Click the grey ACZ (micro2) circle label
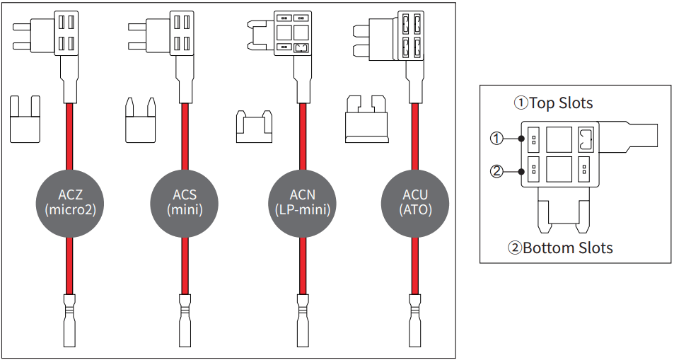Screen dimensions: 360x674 (69, 202)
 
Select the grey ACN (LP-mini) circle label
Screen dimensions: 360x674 (303, 202)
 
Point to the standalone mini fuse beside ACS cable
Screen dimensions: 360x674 (140, 120)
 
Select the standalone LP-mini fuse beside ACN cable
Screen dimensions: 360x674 (254, 127)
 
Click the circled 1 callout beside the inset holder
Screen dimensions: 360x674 (496, 139)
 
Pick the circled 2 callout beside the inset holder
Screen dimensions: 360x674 (496, 170)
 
